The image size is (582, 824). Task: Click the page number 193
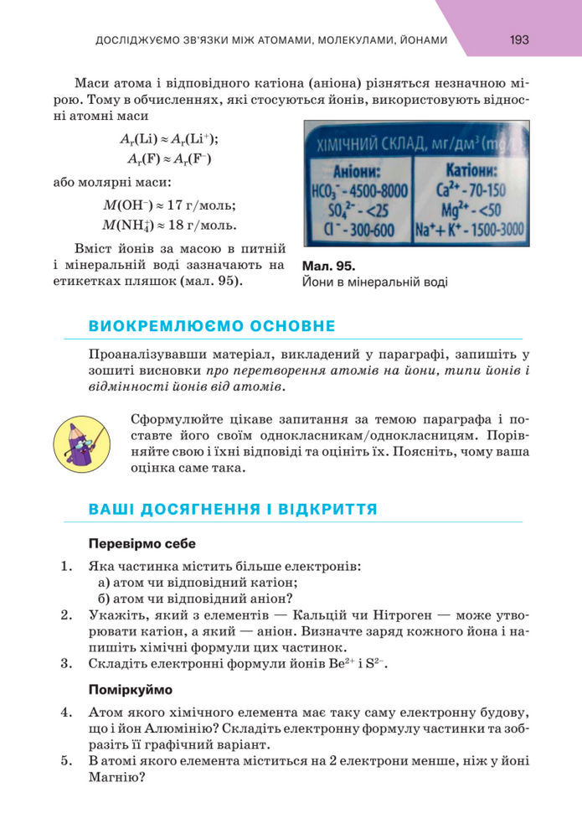[519, 39]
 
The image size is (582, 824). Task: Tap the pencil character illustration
[80, 443]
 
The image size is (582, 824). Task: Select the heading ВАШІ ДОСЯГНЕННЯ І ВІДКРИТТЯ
[232, 509]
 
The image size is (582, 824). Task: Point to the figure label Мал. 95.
[327, 266]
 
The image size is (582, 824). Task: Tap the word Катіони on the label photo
[471, 172]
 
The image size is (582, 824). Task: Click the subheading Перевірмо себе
[142, 543]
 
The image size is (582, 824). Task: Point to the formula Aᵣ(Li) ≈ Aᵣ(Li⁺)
[174, 139]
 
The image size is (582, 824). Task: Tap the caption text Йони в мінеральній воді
[374, 282]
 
